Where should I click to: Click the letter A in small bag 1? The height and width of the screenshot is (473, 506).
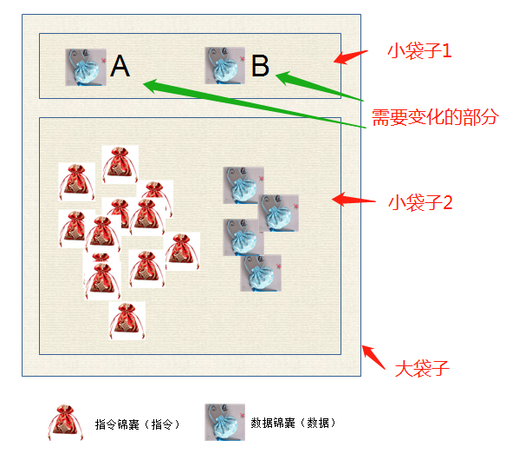[120, 66]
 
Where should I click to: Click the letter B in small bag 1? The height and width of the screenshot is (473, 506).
[260, 66]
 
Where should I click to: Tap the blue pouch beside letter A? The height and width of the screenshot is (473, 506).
[86, 67]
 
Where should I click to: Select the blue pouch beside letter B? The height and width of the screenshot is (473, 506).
[225, 66]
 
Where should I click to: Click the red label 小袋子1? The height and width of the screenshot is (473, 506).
[419, 51]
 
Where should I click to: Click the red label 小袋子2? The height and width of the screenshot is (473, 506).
[420, 203]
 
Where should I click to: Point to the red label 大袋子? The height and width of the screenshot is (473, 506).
[422, 369]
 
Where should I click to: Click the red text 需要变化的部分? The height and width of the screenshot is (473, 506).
[435, 117]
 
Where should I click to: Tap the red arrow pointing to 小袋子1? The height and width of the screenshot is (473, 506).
[350, 57]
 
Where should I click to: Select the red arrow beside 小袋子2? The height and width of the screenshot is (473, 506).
[354, 199]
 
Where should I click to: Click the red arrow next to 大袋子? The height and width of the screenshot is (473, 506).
[373, 357]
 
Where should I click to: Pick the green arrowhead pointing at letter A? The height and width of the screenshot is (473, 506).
[151, 86]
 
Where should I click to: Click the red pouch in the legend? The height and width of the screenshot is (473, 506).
[66, 423]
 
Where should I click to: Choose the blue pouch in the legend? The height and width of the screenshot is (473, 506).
[225, 423]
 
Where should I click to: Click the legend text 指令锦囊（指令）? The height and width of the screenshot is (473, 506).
[137, 424]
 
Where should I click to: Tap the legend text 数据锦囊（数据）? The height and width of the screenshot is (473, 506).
[294, 423]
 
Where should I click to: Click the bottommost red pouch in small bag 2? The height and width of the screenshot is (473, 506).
[126, 321]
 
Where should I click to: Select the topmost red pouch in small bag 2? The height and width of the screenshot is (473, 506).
[120, 165]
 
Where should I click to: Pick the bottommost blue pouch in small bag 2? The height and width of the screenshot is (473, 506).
[261, 273]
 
